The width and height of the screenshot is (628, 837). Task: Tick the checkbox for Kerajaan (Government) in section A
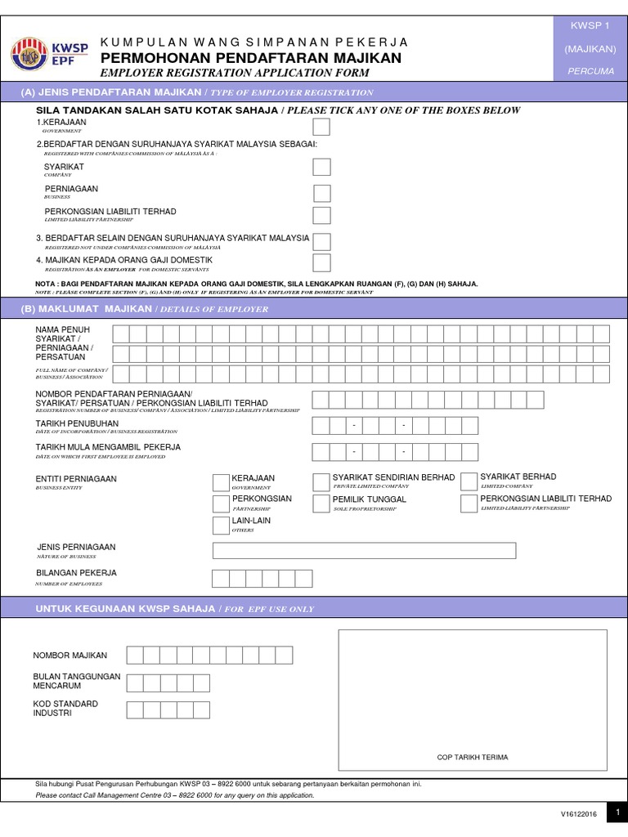click(x=322, y=127)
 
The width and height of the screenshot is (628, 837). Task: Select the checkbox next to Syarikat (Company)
click(x=322, y=168)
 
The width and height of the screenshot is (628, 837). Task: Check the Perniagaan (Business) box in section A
click(x=322, y=194)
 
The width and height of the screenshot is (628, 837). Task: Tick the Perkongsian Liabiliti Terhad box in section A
click(x=322, y=216)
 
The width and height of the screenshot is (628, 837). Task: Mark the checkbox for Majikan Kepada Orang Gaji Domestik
click(x=322, y=262)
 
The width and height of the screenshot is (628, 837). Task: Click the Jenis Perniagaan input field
click(x=364, y=550)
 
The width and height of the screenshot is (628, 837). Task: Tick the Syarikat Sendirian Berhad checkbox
click(x=321, y=481)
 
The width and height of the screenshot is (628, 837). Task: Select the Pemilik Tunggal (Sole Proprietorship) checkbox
click(x=321, y=504)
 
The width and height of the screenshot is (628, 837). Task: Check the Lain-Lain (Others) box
click(x=220, y=525)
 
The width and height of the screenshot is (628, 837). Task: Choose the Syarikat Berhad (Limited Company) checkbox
click(x=469, y=481)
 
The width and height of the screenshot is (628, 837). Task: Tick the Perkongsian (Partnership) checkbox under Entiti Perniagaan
click(x=220, y=504)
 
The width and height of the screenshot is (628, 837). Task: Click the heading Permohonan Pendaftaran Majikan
click(x=251, y=58)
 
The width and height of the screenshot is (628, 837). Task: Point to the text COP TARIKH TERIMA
click(x=472, y=758)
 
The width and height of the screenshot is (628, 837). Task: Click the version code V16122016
click(x=579, y=814)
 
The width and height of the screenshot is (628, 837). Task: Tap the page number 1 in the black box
click(x=619, y=812)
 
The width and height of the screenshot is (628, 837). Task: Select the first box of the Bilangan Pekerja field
click(x=221, y=579)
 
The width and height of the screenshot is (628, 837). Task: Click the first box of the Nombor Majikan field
click(x=135, y=655)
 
